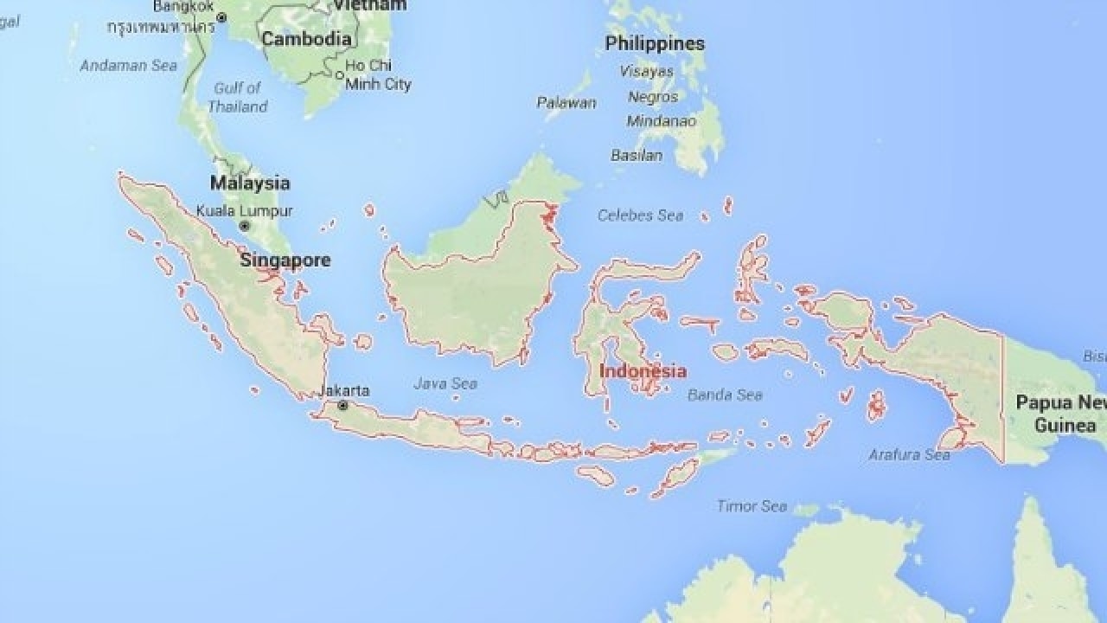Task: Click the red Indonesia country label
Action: (643, 371)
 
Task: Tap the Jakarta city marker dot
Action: (343, 405)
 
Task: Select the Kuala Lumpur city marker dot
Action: (245, 226)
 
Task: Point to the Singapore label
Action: (285, 260)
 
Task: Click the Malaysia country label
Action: (250, 183)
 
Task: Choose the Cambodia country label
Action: (306, 39)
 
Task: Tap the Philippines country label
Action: (655, 43)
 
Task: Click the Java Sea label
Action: (445, 383)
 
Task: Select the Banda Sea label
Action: (725, 395)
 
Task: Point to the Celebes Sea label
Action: (640, 215)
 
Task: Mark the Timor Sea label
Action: (752, 506)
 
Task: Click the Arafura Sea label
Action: (909, 454)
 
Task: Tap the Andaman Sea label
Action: (129, 65)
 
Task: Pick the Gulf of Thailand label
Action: (237, 97)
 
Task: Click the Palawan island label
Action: (566, 103)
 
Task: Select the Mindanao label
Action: (661, 121)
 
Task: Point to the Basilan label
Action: (637, 156)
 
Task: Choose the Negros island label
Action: (653, 97)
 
